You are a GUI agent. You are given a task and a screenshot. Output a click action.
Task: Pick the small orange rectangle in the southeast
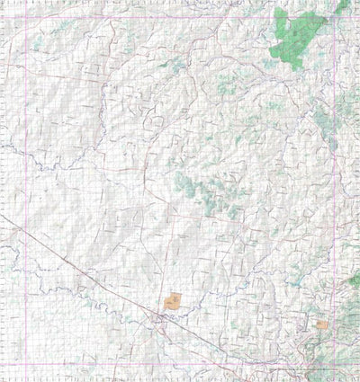coord(321,324)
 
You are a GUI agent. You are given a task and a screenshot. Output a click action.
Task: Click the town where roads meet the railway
coord(163,317)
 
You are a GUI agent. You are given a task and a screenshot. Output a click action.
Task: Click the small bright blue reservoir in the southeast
coord(296,286)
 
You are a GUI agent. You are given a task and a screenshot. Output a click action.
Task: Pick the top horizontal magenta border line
coord(180,18)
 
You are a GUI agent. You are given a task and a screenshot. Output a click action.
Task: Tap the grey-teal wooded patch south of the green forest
coord(324,117)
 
